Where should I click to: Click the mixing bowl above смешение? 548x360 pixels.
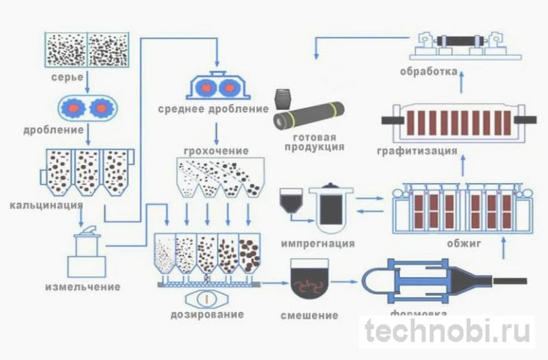tap(306, 276)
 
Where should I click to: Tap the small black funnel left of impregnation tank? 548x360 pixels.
tap(291, 200)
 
